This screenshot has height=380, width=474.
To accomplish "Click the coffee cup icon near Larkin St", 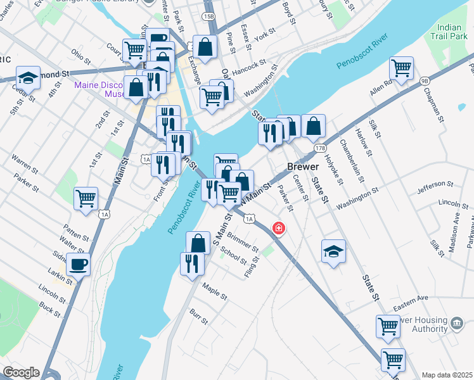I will pyautogui.click(x=78, y=264).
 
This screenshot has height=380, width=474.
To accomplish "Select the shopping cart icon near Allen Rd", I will pyautogui.click(x=401, y=67).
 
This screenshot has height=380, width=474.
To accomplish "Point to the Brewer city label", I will pyautogui.click(x=302, y=166).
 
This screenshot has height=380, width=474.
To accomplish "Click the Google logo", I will pyautogui.click(x=21, y=372).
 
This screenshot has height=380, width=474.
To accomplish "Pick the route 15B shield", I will pyautogui.click(x=208, y=14).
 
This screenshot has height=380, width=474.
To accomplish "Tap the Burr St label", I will pyautogui.click(x=198, y=317).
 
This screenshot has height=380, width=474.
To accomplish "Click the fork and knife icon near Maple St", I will pyautogui.click(x=192, y=263).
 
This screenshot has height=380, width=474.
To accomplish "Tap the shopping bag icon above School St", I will pyautogui.click(x=198, y=243).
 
